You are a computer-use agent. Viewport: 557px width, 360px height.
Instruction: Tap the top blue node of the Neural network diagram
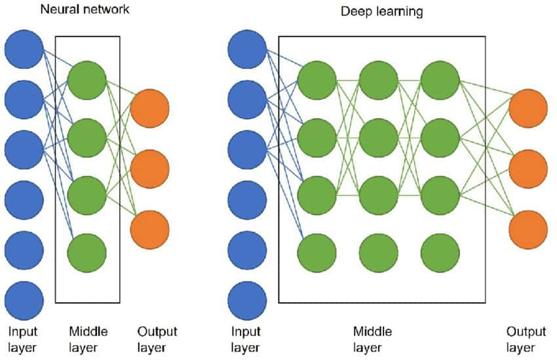click(x=24, y=49)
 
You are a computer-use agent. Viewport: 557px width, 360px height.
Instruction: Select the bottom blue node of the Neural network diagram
click(x=24, y=301)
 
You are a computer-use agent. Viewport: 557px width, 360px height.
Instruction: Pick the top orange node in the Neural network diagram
click(x=150, y=109)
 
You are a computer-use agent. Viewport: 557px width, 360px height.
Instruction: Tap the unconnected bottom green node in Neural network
click(x=86, y=250)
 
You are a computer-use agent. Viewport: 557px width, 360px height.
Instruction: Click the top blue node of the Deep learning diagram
click(x=247, y=49)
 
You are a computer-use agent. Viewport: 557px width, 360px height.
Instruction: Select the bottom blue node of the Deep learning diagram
click(x=247, y=301)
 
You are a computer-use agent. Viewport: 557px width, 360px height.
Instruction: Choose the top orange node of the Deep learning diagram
click(x=528, y=109)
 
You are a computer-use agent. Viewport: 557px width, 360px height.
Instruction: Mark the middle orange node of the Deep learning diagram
click(x=528, y=169)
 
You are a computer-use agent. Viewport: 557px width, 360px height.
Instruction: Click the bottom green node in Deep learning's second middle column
click(x=378, y=250)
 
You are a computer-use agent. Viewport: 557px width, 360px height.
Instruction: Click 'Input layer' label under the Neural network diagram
click(x=23, y=339)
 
